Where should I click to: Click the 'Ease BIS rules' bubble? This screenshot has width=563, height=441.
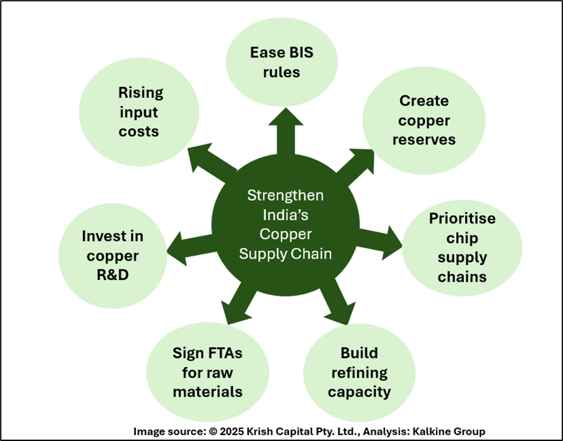[x=281, y=63]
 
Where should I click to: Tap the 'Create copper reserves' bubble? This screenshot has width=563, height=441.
[x=424, y=120]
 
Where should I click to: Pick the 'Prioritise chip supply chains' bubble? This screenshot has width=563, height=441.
[x=462, y=248]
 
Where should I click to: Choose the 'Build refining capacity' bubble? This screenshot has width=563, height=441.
[x=359, y=373]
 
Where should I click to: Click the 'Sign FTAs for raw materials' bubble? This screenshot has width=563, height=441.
[x=207, y=373]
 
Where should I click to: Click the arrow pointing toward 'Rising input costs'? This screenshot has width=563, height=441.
[x=209, y=162]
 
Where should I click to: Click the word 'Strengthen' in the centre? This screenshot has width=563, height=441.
[x=286, y=195]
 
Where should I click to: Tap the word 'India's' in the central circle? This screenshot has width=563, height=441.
[x=286, y=215]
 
